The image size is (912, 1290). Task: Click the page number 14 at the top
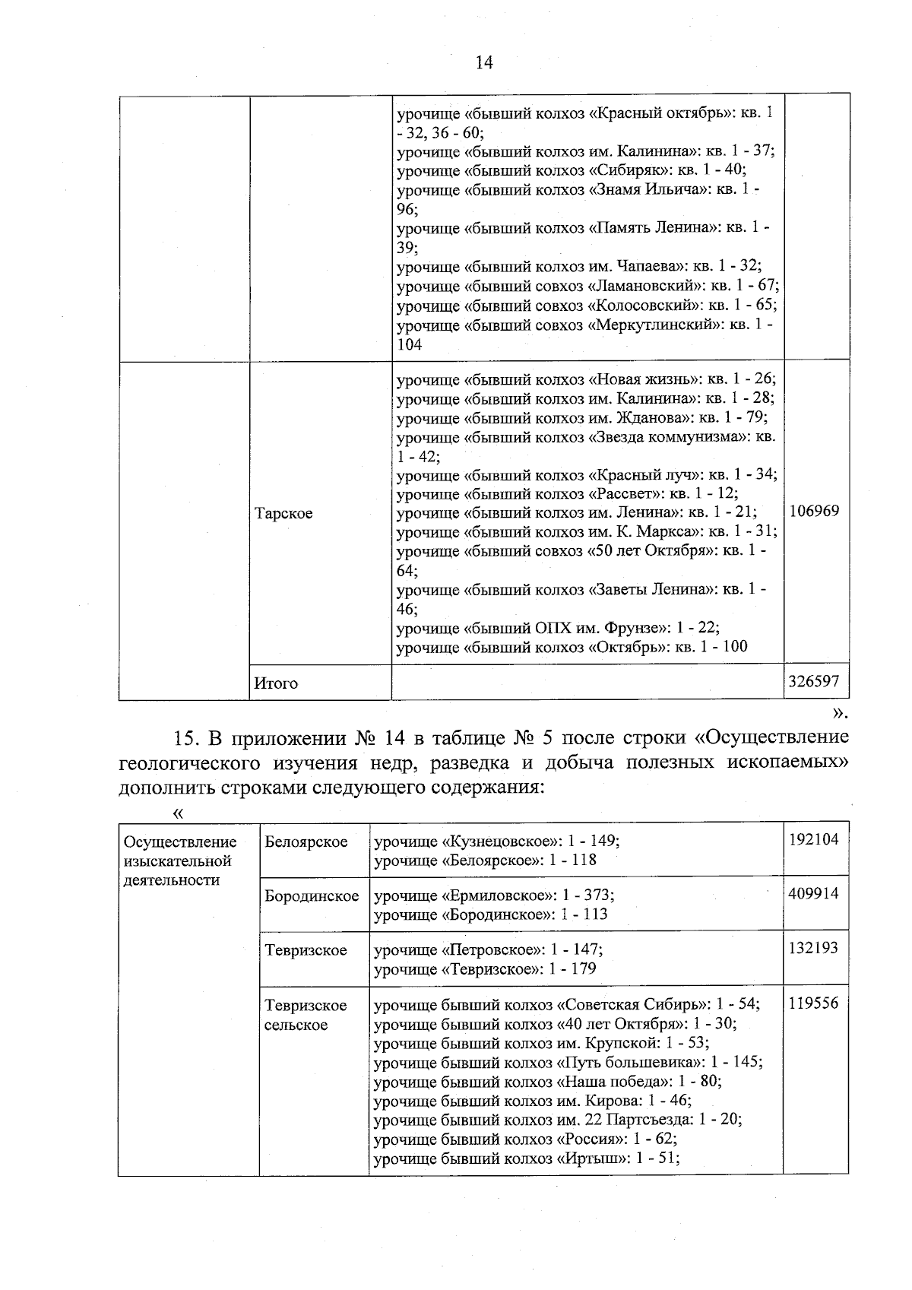[484, 63]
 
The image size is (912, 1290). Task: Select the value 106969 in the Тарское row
[814, 511]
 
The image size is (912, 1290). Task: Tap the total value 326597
[814, 683]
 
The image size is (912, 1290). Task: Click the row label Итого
[276, 683]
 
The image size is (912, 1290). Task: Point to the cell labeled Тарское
[283, 514]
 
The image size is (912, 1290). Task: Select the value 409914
[814, 893]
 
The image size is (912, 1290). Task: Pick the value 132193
[814, 948]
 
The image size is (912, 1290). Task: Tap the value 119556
[814, 1003]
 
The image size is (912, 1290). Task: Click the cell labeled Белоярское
[306, 842]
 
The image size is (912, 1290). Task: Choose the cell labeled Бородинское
[312, 896]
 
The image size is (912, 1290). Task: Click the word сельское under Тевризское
[296, 1025]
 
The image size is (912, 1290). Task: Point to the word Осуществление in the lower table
[180, 842]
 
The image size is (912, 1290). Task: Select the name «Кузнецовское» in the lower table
[493, 842]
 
